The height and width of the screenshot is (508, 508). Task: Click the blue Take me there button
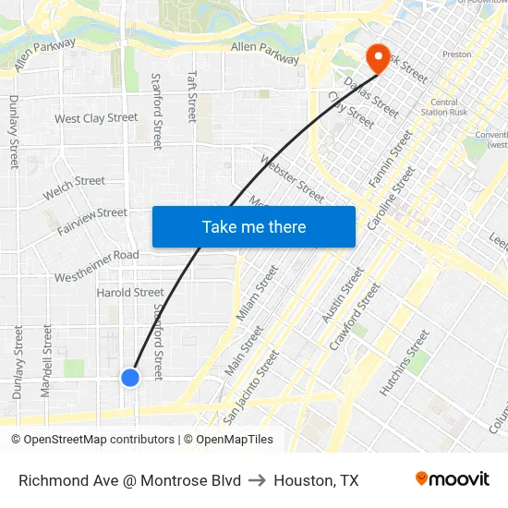(x=254, y=226)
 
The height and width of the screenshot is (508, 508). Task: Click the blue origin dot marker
(x=130, y=377)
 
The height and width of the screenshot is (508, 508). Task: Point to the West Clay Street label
(x=96, y=118)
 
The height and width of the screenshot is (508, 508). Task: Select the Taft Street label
(x=192, y=96)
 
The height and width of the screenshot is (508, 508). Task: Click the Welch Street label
(x=74, y=187)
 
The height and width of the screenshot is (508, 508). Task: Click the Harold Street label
(x=130, y=293)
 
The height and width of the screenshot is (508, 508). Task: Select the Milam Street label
(x=257, y=294)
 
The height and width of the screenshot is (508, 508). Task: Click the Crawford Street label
(x=355, y=317)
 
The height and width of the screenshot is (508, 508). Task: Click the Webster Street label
(x=293, y=178)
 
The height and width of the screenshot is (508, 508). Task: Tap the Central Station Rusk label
(x=444, y=108)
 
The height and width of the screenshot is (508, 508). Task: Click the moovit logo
(x=452, y=479)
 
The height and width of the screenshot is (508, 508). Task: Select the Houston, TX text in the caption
(x=316, y=480)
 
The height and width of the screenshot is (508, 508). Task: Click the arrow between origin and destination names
(x=258, y=480)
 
